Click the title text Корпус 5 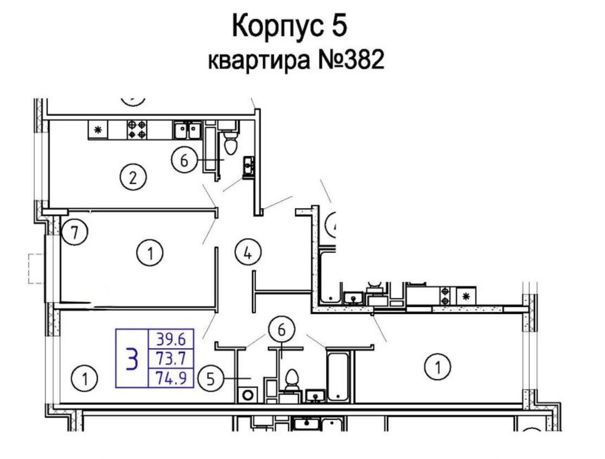pos(290,26)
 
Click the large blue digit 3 pos(132,359)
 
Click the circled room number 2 pos(133,179)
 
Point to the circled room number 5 pos(211,379)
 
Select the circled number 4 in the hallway pos(247,253)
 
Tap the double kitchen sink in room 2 pos(187,130)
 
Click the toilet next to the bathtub pos(291,381)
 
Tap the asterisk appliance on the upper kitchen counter pos(98,131)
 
